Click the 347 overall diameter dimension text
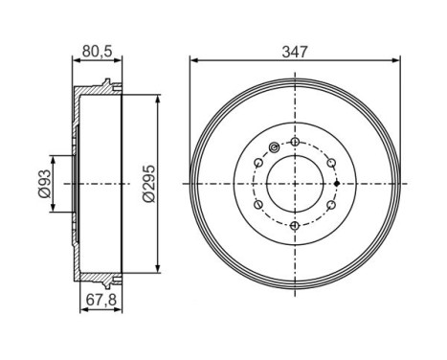(295, 53)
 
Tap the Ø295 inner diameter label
(149, 182)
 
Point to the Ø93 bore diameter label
(43, 181)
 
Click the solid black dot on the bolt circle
(339, 182)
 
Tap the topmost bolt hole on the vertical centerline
(295, 143)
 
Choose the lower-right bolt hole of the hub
(328, 204)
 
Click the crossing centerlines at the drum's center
(295, 182)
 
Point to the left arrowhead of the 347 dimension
(194, 61)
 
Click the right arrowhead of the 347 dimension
(395, 61)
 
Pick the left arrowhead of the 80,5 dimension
(77, 62)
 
